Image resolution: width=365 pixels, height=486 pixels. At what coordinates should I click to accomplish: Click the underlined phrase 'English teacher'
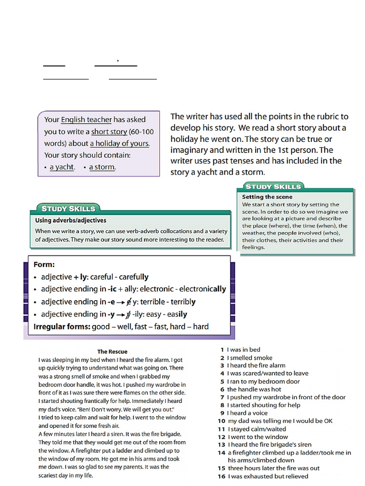86,120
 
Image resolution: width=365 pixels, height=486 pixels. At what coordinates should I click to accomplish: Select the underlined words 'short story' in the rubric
109,131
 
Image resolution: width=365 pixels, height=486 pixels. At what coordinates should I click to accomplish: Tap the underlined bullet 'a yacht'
62,167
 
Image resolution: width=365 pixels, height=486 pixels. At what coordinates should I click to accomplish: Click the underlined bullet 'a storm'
102,167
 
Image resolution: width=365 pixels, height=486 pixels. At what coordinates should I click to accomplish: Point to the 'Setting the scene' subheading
267,196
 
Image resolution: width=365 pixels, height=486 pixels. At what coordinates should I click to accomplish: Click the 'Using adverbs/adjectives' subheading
71,220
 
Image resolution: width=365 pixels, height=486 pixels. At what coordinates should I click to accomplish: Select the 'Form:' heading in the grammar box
44,264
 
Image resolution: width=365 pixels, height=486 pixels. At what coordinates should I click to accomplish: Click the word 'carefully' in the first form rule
134,277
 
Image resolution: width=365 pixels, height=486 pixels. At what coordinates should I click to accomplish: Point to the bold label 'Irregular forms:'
61,327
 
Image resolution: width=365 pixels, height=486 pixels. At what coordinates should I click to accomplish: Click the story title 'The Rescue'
112,352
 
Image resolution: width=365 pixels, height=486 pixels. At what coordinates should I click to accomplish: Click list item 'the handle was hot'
254,389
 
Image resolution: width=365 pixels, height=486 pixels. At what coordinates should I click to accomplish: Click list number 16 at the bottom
221,476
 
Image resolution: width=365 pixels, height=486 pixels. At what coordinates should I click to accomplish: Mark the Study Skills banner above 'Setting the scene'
273,187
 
